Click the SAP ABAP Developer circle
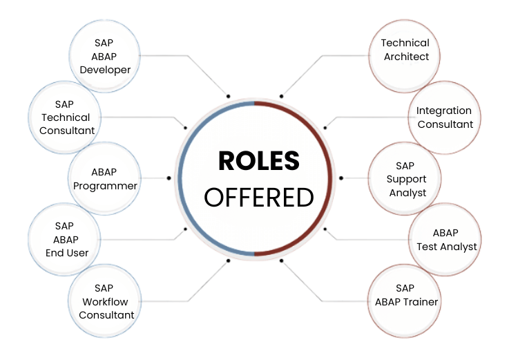[105, 55]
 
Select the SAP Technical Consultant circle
[67, 117]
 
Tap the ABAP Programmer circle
[106, 178]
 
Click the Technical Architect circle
[405, 50]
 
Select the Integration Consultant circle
[444, 117]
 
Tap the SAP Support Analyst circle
[405, 179]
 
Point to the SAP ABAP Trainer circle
[406, 295]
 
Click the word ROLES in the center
[259, 161]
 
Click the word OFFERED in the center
[259, 197]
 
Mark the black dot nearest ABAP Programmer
[169, 178]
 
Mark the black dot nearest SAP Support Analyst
[341, 178]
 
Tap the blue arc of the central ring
[181, 178]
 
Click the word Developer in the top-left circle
[105, 69]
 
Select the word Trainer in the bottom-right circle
[421, 301]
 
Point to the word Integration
[444, 111]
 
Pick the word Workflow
[106, 301]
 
